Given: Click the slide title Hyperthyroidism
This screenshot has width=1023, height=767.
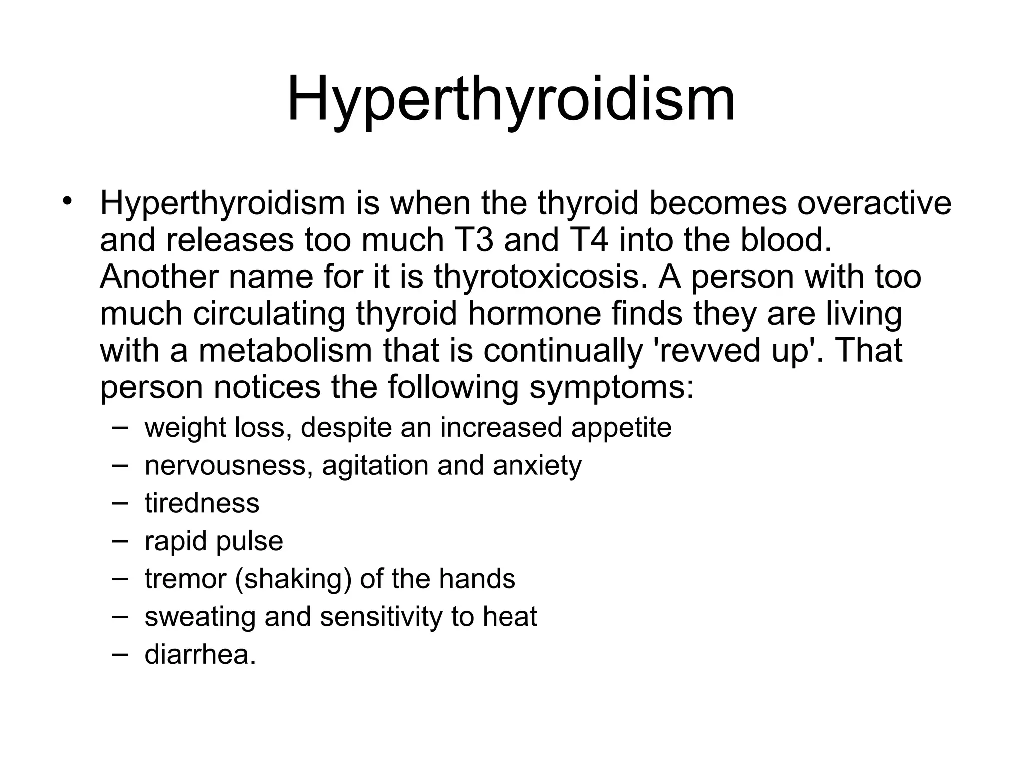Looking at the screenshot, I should pos(511,100).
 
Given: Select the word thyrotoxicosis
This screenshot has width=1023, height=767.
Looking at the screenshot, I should pos(536,277).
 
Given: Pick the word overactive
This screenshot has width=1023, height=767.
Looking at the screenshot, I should pos(874,204).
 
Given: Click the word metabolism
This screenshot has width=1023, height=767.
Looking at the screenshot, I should pos(285,351).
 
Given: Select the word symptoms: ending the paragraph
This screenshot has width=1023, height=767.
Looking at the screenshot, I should pos(612,388).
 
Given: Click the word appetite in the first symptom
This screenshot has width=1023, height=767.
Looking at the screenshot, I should pos(621,428).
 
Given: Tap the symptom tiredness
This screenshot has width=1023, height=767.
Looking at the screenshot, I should pos(202,503).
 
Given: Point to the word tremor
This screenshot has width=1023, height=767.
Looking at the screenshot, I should pos(185,579).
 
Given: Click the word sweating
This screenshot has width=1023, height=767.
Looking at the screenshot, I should pos(200,618).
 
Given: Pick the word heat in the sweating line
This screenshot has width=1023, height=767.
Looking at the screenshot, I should pos(510,617).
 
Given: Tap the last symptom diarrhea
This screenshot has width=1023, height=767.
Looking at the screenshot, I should pos(200,655).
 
